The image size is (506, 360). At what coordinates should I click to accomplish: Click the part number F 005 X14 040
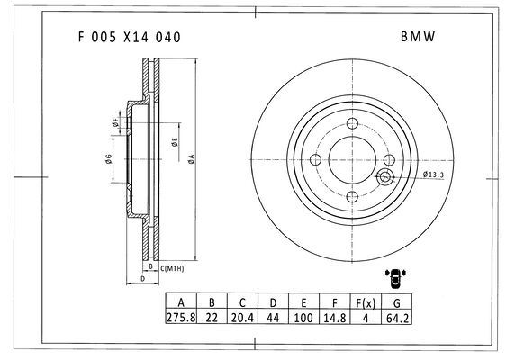pyautogui.click(x=130, y=38)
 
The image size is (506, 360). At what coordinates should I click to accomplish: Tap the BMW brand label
pyautogui.click(x=418, y=37)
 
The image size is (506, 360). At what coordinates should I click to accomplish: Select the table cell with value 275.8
pyautogui.click(x=181, y=318)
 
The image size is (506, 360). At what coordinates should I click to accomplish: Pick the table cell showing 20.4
pyautogui.click(x=242, y=318)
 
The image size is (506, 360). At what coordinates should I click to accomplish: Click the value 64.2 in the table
pyautogui.click(x=397, y=318)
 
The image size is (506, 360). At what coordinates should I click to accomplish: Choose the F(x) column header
pyautogui.click(x=366, y=302)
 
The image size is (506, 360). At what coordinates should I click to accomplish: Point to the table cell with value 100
pyautogui.click(x=303, y=318)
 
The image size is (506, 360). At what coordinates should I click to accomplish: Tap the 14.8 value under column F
pyautogui.click(x=335, y=318)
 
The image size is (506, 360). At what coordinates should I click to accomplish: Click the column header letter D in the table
pyautogui.click(x=273, y=302)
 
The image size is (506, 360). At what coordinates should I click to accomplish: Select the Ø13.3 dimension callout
pyautogui.click(x=433, y=175)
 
